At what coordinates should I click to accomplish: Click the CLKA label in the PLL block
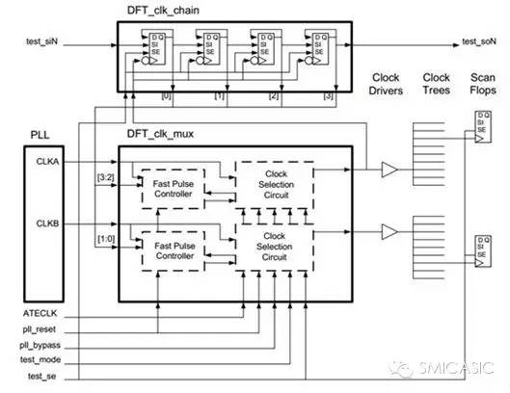(x=49, y=163)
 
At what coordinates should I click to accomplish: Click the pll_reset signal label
(x=41, y=329)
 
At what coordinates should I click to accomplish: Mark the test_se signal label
(x=40, y=376)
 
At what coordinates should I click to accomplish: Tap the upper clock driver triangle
(x=389, y=170)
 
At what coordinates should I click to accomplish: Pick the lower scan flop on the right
(x=479, y=249)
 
